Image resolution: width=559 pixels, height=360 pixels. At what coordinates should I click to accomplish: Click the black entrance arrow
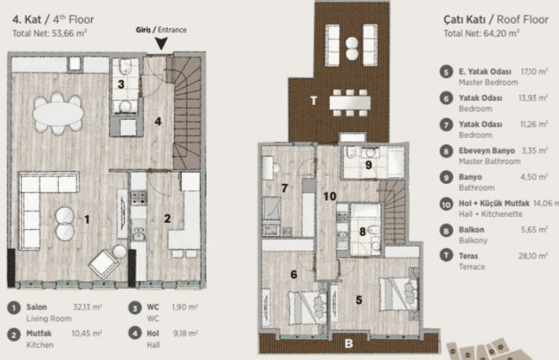tap(161, 43)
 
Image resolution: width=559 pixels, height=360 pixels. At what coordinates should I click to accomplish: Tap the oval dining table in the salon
tap(58, 114)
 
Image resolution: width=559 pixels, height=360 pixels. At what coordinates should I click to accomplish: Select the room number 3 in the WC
tap(121, 84)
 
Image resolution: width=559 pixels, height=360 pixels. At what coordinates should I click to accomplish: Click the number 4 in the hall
tap(158, 121)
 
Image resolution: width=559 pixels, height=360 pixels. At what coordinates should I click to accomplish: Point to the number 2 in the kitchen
tap(167, 218)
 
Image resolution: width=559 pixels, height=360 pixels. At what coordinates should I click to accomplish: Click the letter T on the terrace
tap(313, 101)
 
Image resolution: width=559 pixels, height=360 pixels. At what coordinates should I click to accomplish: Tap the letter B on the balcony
tap(349, 343)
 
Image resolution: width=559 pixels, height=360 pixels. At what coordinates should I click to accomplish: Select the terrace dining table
tap(350, 103)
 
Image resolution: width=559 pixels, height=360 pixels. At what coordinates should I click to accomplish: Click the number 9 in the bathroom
tap(369, 165)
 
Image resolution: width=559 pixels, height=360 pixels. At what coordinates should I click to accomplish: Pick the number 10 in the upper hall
tap(330, 196)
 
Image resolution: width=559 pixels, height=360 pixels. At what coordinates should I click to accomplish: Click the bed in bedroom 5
tap(398, 294)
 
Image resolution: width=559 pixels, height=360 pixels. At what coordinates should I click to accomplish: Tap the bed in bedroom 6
tap(308, 307)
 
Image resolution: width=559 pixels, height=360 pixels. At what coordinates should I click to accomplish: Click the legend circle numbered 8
tap(446, 151)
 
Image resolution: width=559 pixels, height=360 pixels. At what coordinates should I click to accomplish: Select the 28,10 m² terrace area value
tap(533, 256)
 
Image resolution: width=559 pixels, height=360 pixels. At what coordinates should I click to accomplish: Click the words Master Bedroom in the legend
tap(488, 83)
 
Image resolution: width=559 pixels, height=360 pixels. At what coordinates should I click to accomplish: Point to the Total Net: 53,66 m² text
tap(50, 34)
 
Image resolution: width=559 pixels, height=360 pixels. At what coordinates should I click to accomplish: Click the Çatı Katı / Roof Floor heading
tap(496, 19)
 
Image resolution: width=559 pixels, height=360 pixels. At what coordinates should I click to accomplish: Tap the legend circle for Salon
tap(14, 307)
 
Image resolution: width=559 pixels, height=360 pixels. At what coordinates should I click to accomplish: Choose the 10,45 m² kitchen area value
tap(87, 333)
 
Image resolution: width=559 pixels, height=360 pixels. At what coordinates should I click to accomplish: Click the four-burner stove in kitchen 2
tap(139, 198)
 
